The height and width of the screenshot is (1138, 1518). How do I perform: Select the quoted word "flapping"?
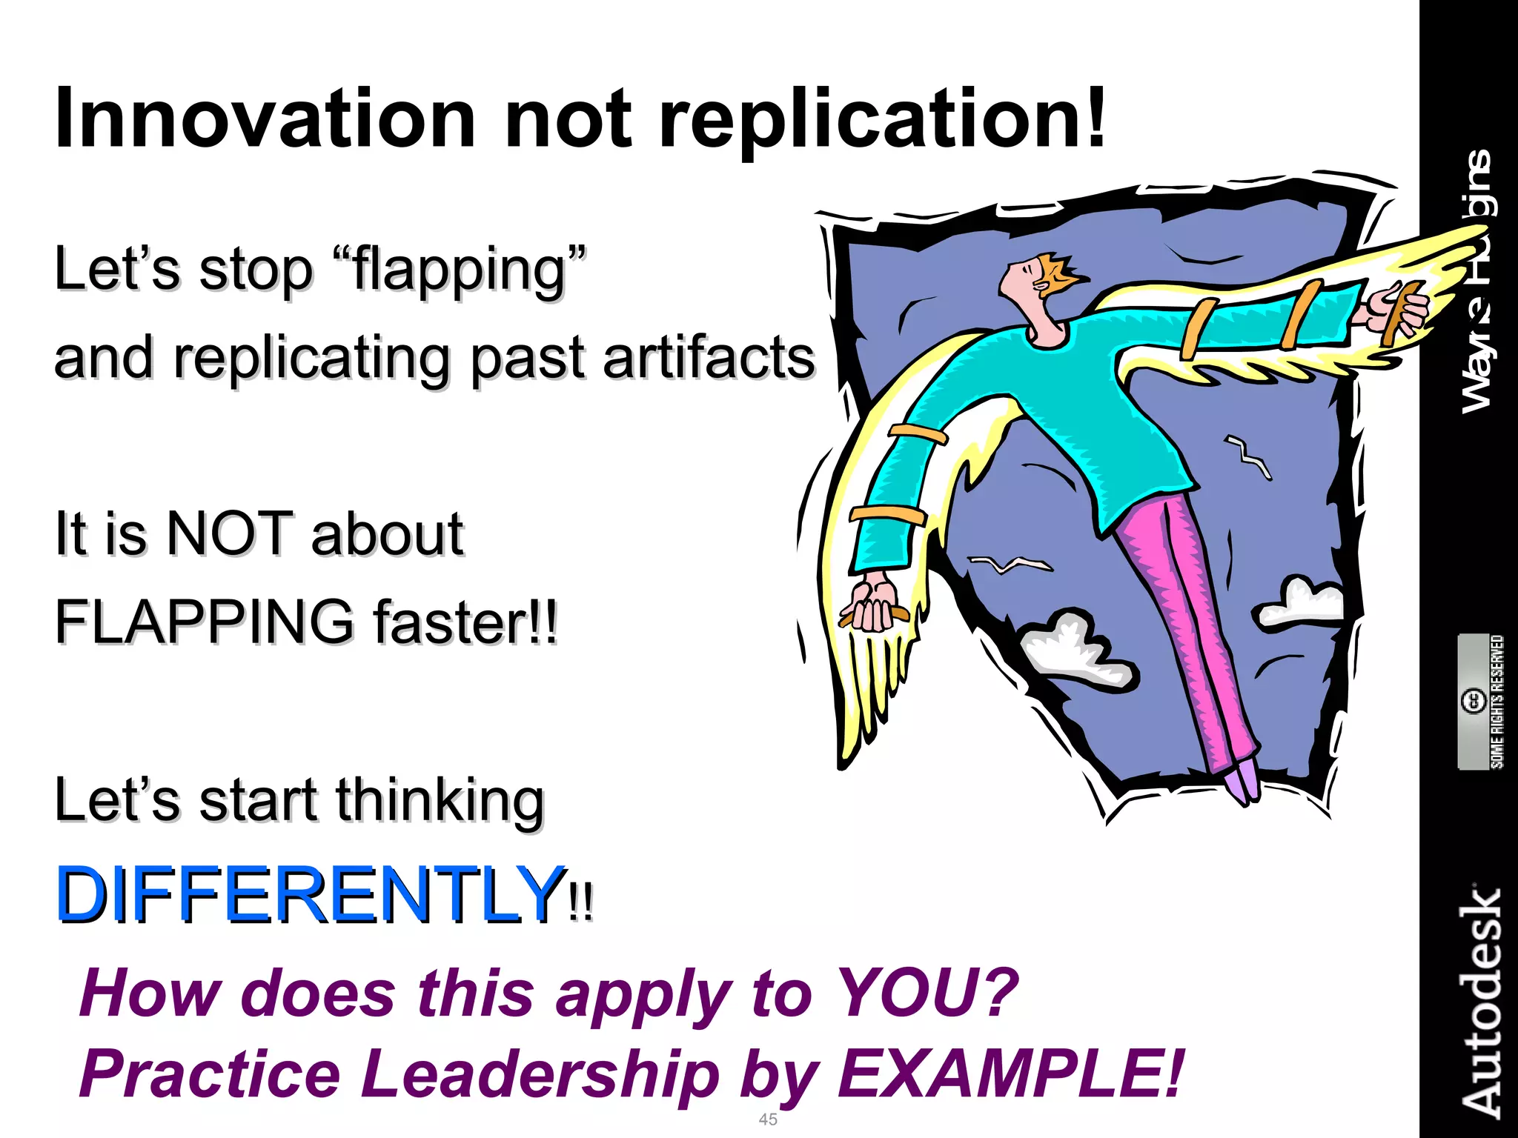[460, 270]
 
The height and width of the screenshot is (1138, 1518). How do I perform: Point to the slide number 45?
[768, 1119]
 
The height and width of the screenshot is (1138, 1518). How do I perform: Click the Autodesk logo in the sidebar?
[1480, 1000]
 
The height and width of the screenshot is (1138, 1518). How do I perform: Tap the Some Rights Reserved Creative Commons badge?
[1482, 701]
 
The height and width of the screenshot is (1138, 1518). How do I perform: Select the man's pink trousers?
[1186, 630]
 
